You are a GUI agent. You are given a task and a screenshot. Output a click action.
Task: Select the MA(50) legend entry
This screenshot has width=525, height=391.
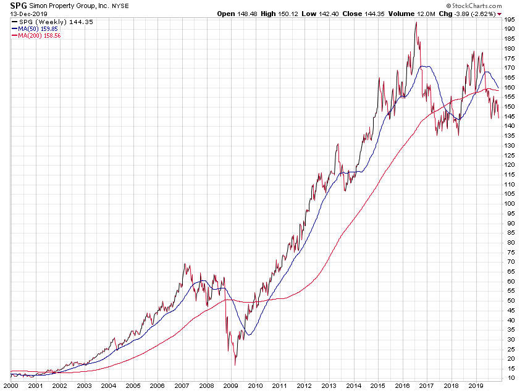[38, 28]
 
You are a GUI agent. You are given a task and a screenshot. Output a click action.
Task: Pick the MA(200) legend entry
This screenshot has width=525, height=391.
[39, 35]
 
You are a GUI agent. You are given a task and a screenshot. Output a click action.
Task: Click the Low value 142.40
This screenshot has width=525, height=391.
[335, 14]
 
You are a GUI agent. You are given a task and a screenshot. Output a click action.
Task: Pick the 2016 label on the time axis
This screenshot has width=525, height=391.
[402, 385]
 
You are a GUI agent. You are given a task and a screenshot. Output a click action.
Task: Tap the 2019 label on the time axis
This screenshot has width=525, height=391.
[475, 385]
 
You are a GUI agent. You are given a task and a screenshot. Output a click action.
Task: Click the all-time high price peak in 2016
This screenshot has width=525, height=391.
[416, 22]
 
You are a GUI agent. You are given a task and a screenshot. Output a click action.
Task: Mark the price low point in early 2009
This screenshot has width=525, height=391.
[235, 365]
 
